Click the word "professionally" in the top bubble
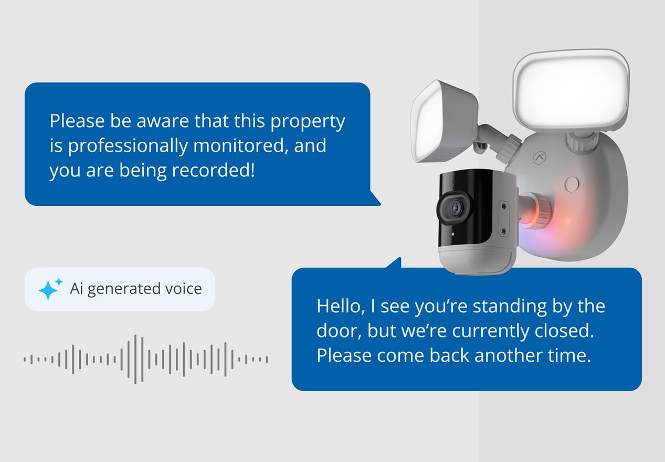pos(127,145)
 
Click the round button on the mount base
pos(572,183)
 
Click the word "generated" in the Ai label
pos(124,289)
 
